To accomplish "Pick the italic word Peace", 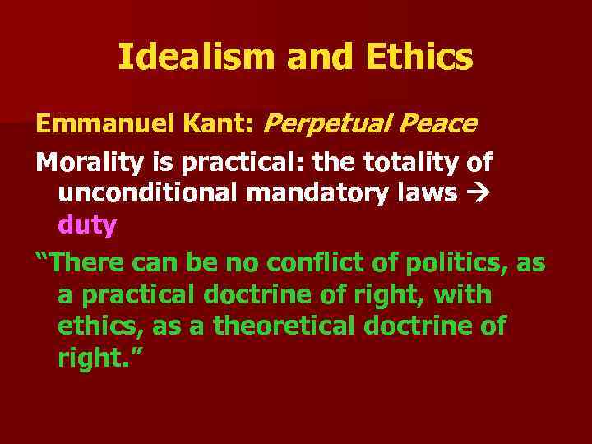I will pyautogui.click(x=437, y=125).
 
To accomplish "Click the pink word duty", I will pyautogui.click(x=88, y=224).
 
